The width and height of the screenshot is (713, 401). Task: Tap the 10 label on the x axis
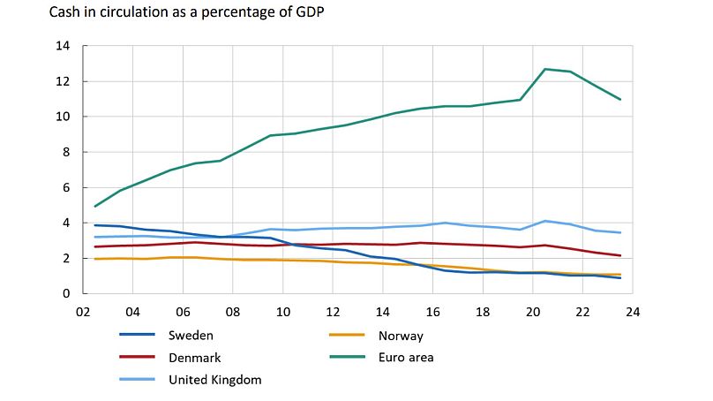tap(283, 312)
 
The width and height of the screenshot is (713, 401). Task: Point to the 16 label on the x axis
tap(435, 312)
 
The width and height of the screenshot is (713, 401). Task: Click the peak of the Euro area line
tap(546, 69)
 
